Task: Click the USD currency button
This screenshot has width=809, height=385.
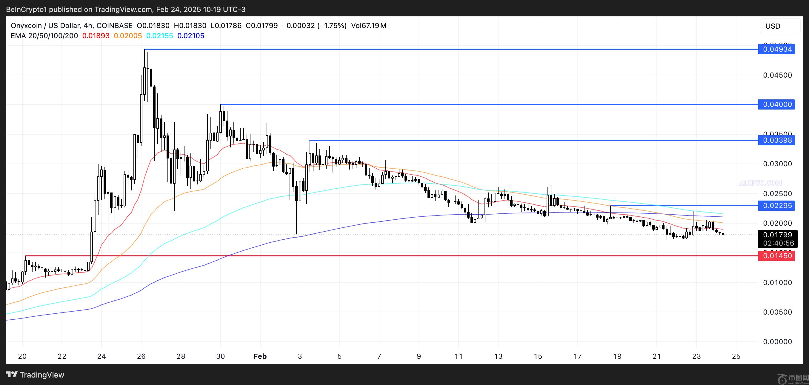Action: coord(773,26)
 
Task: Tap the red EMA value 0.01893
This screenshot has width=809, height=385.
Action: coord(96,36)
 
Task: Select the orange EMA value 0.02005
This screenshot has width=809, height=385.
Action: coord(128,36)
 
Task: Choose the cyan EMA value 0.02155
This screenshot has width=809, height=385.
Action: coord(159,36)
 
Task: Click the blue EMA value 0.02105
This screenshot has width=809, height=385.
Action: coord(191,36)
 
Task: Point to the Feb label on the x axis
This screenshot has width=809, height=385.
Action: coord(260,356)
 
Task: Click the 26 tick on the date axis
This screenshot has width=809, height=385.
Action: coord(141,356)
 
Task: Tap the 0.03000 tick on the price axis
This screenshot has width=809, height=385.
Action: coord(777,164)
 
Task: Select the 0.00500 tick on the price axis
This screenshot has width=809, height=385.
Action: coord(777,312)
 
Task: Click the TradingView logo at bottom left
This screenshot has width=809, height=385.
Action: coord(35,375)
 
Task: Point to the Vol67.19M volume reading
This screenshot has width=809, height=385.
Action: coord(369,26)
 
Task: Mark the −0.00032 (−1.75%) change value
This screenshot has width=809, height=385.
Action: coord(314,26)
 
